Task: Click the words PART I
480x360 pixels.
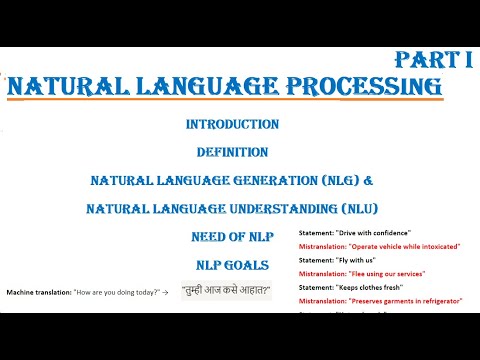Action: [432, 59]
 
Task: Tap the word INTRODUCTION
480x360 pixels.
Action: [232, 125]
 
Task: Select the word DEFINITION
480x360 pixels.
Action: [232, 153]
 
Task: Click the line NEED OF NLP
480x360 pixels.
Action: [232, 238]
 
